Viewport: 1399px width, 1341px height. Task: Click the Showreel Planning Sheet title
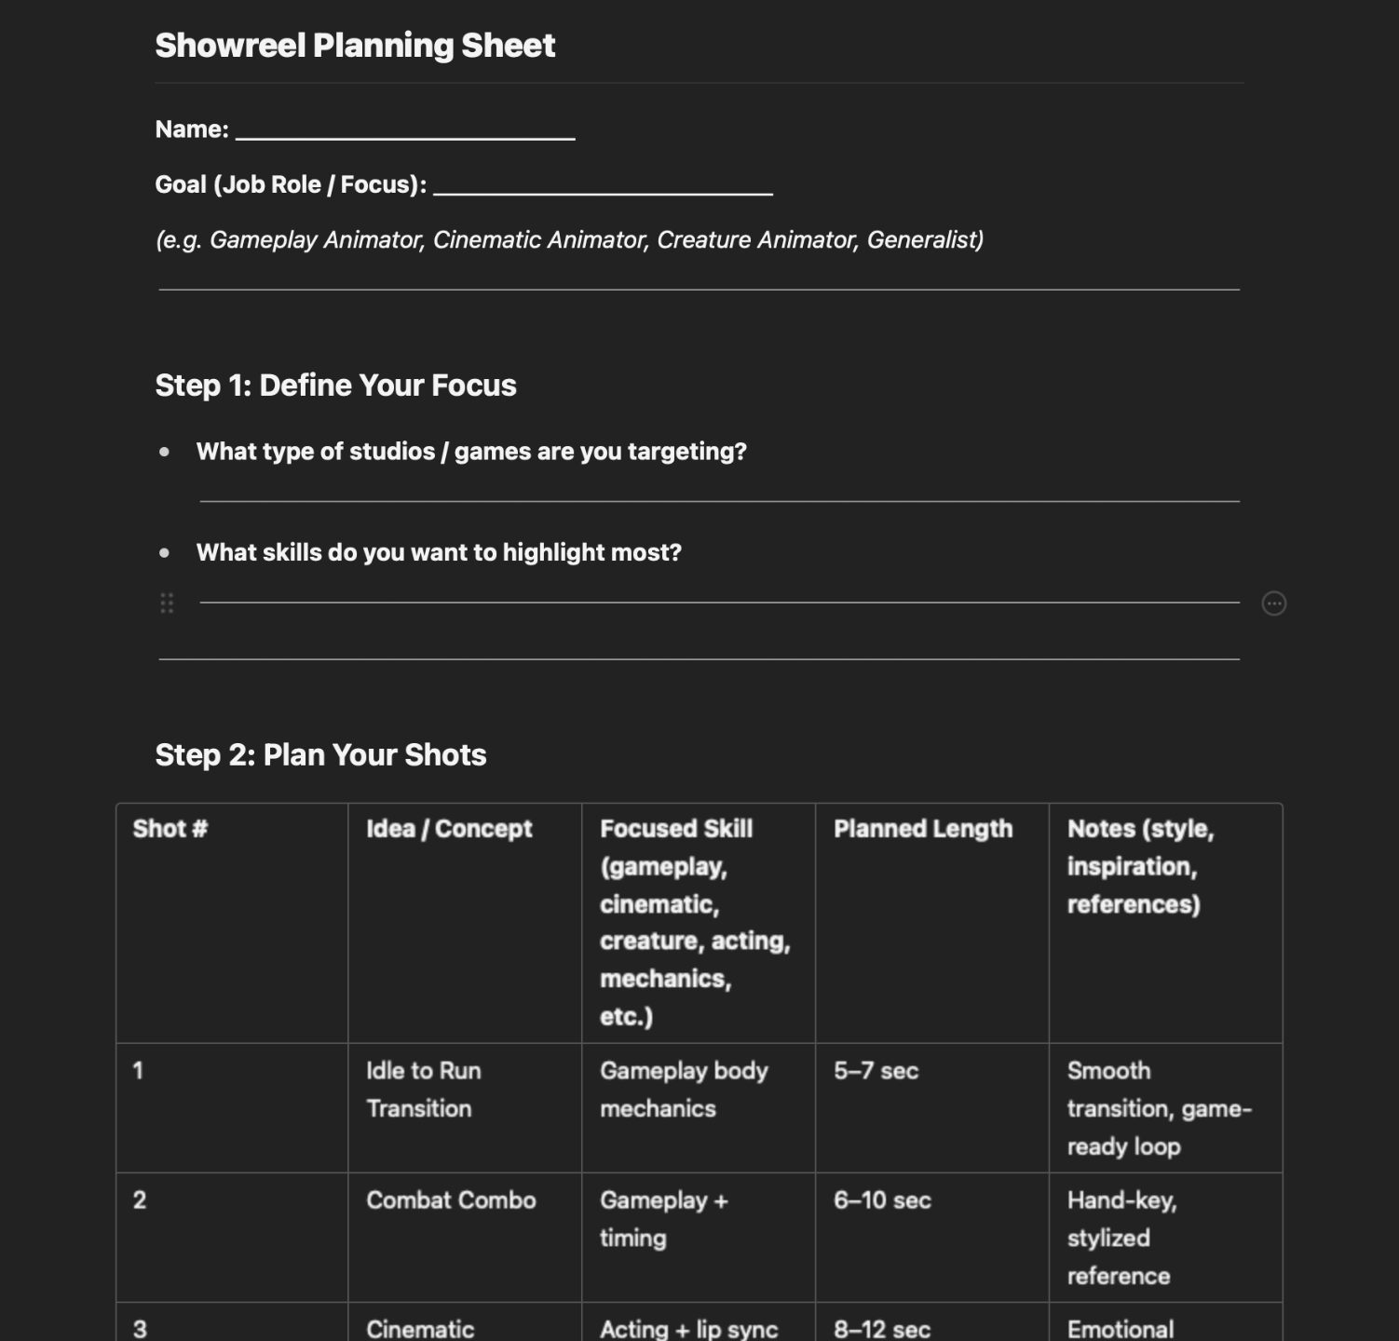tap(355, 46)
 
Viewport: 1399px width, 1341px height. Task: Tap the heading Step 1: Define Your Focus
tap(335, 386)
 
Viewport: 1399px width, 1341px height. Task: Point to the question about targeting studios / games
tap(471, 452)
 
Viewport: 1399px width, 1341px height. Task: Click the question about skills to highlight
tap(439, 552)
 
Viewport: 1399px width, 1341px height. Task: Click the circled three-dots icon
tap(1273, 603)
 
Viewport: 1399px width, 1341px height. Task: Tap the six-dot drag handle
tap(167, 603)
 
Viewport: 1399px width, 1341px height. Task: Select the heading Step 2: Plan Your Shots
tap(320, 755)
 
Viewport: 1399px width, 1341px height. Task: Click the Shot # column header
tap(170, 829)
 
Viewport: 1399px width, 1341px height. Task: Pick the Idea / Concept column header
tap(449, 829)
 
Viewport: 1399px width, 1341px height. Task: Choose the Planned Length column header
tap(922, 829)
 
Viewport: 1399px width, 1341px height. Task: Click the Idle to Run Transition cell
tap(424, 1090)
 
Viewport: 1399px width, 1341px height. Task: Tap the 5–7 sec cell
tap(876, 1071)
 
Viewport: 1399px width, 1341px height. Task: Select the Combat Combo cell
tap(451, 1200)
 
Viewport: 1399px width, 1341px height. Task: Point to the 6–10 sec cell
tap(882, 1200)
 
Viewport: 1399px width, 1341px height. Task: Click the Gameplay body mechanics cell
tap(684, 1090)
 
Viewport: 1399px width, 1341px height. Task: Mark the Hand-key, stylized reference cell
tap(1121, 1238)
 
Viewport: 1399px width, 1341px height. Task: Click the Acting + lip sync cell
tap(688, 1329)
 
